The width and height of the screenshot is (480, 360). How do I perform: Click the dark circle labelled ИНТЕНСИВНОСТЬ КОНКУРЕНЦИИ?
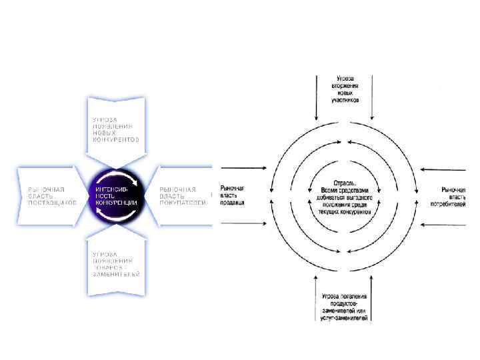click(117, 195)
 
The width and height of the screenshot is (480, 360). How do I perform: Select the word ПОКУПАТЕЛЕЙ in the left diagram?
click(182, 203)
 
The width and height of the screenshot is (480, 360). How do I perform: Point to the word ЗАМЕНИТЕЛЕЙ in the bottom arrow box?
click(116, 274)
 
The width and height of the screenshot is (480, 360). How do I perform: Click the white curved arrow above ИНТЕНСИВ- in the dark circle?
click(127, 178)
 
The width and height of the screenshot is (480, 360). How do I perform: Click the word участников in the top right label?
click(345, 100)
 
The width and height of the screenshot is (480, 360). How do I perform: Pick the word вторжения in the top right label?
click(345, 87)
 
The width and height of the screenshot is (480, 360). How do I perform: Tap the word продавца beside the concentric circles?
click(233, 201)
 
